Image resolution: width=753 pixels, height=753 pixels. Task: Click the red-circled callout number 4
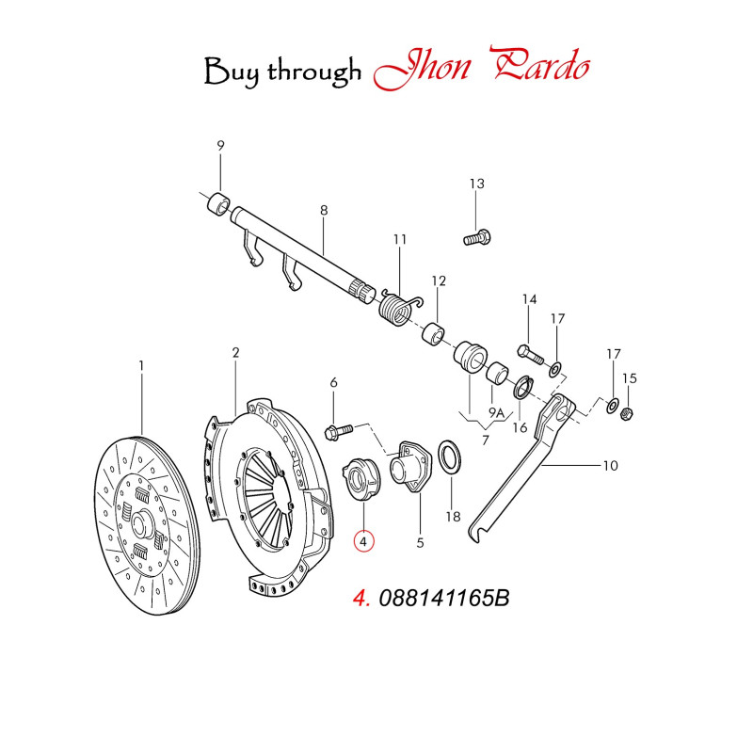click(x=363, y=542)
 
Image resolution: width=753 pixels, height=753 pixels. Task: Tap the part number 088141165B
click(x=444, y=599)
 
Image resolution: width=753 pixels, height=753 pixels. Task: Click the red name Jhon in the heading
click(x=422, y=68)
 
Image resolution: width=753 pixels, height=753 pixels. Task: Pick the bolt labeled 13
click(x=477, y=238)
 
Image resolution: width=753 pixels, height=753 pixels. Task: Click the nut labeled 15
click(x=627, y=412)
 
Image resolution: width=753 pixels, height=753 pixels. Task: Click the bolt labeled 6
click(x=339, y=430)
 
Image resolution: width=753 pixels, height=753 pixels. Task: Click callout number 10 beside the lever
click(x=610, y=465)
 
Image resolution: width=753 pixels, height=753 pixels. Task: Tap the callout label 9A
click(x=497, y=412)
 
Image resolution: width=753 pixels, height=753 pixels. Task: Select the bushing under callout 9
click(x=218, y=204)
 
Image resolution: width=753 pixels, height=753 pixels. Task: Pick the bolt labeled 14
click(x=531, y=354)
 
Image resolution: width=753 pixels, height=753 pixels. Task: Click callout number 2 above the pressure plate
click(x=235, y=353)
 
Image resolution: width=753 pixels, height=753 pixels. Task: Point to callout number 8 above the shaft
click(x=324, y=210)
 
